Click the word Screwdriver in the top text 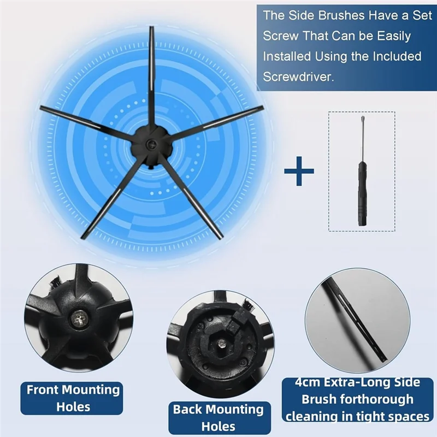[298, 76]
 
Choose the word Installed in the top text [287, 56]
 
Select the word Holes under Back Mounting [218, 426]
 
